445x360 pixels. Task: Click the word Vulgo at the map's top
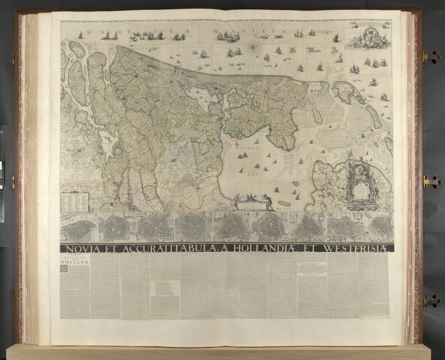point(316,32)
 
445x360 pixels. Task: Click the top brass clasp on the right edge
point(428,56)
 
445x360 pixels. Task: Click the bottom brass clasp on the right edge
point(429,299)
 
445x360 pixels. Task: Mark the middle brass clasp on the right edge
point(428,181)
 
